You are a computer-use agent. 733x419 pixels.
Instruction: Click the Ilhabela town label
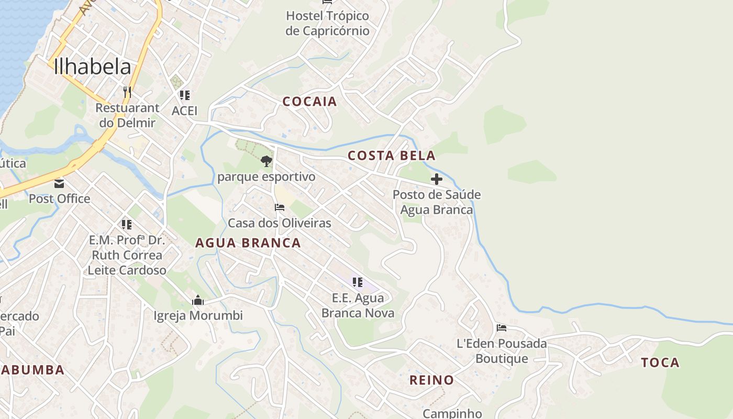[x=92, y=67]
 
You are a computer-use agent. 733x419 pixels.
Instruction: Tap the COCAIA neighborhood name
[x=309, y=102]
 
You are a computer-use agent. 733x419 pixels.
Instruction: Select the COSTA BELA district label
[x=391, y=156]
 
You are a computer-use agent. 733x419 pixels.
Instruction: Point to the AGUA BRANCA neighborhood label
[x=248, y=243]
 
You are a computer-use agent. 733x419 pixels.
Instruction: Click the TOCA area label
[x=660, y=362]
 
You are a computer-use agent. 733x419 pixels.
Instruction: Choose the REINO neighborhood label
[x=431, y=380]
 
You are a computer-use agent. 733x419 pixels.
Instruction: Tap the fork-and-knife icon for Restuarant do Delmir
[x=127, y=92]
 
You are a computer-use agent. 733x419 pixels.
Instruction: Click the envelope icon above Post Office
[x=59, y=183]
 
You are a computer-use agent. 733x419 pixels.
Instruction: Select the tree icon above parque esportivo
[x=266, y=161]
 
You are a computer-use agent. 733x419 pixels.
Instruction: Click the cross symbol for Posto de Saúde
[x=436, y=179]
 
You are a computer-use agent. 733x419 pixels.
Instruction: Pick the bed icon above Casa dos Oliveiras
[x=280, y=207]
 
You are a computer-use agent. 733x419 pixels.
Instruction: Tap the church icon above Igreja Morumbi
[x=198, y=300]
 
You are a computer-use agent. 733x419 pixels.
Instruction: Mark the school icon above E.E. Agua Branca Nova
[x=358, y=282]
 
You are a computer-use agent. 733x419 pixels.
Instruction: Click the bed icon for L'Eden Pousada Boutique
[x=502, y=328]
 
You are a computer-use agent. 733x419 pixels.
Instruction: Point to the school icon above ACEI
[x=184, y=95]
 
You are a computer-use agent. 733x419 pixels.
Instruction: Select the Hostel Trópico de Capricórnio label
[x=327, y=24]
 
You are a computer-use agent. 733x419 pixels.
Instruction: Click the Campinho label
[x=452, y=413]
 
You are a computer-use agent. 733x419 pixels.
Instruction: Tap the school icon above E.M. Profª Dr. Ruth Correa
[x=126, y=225]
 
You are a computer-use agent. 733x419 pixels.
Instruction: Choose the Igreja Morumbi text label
[x=198, y=316]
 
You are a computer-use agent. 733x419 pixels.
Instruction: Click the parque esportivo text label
[x=266, y=177]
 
